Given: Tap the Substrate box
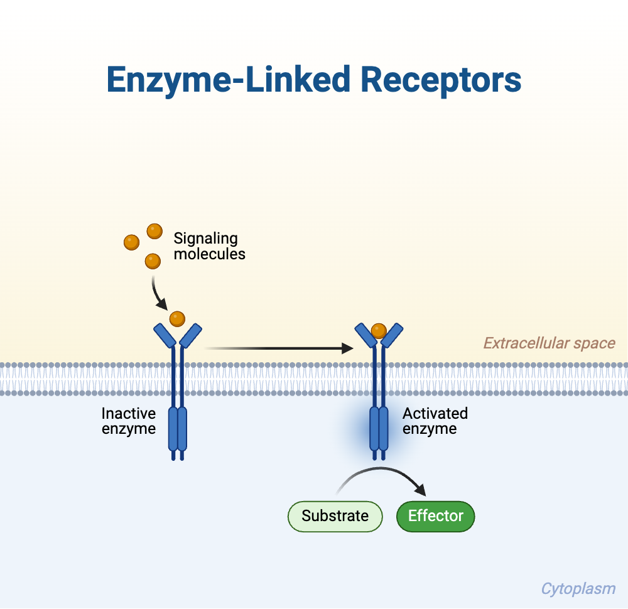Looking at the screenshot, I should point(335,516).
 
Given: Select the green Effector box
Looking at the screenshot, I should point(435,516).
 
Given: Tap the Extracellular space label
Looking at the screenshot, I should point(548,343).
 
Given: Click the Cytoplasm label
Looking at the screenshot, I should point(578,589).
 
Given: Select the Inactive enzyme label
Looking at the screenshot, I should point(129,421).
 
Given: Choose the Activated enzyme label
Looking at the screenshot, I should point(435,421).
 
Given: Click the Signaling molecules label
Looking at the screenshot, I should point(209,246).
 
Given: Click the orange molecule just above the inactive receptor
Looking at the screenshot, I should point(177,319).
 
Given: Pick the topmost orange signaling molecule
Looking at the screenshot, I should point(154,231).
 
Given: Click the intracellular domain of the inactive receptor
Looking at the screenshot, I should point(178,428).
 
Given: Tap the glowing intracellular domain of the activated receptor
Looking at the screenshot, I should point(379,428).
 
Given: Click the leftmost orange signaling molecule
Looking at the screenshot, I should point(131,242).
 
